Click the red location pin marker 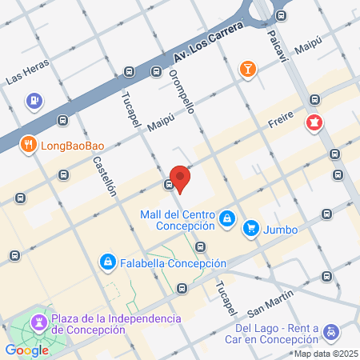pyautogui.click(x=180, y=178)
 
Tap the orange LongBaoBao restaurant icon pyautogui.click(x=29, y=145)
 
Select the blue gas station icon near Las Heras pyautogui.click(x=34, y=101)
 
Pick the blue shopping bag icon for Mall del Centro pyautogui.click(x=227, y=218)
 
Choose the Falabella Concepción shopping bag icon pyautogui.click(x=107, y=262)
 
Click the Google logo pyautogui.click(x=26, y=350)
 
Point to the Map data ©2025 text pyautogui.click(x=325, y=354)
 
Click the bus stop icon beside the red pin pyautogui.click(x=169, y=185)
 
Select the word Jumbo pyautogui.click(x=281, y=230)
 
